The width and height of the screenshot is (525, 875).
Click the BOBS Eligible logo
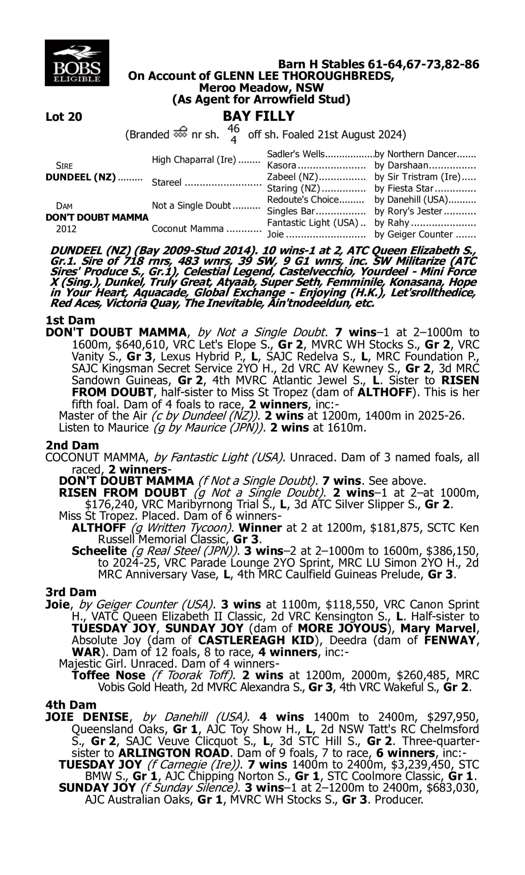pyautogui.click(x=77, y=63)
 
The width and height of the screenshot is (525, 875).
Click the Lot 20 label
pyautogui.click(x=64, y=117)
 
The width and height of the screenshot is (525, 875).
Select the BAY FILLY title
pyautogui.click(x=259, y=116)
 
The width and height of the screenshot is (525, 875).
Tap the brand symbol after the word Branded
pyautogui.click(x=180, y=133)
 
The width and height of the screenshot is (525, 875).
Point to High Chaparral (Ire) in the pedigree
pyautogui.click(x=194, y=160)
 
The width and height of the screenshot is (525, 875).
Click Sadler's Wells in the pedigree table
pyautogui.click(x=295, y=154)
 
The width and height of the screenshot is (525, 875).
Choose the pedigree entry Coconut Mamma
pyautogui.click(x=188, y=229)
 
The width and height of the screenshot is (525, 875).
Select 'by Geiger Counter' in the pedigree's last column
pyautogui.click(x=413, y=234)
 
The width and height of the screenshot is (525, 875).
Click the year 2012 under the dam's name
pyautogui.click(x=66, y=229)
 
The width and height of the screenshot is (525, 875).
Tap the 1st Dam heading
pyautogui.click(x=70, y=321)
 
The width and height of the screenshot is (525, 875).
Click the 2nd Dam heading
pyautogui.click(x=72, y=445)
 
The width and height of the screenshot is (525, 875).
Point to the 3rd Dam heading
pyautogui.click(x=71, y=592)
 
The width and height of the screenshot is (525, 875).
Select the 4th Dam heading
pyautogui.click(x=71, y=705)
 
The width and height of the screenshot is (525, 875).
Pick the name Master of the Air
pyautogui.click(x=103, y=416)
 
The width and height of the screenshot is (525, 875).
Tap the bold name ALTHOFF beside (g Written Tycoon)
pyautogui.click(x=99, y=528)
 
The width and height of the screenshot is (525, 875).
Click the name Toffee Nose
pyautogui.click(x=108, y=675)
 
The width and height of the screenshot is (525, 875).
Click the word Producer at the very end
pyautogui.click(x=399, y=800)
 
